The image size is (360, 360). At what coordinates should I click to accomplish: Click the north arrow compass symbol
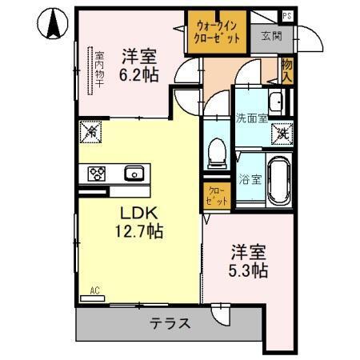[x=54, y=23]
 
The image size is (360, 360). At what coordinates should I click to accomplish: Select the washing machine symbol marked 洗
[x=283, y=134]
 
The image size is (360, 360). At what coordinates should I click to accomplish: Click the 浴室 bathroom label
[x=249, y=179]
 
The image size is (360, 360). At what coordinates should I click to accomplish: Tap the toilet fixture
[x=214, y=152]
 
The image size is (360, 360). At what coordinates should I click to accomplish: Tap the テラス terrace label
[x=168, y=324]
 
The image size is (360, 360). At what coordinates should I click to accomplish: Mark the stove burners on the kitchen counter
[x=98, y=173]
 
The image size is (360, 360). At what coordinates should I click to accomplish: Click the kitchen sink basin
[x=134, y=173]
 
